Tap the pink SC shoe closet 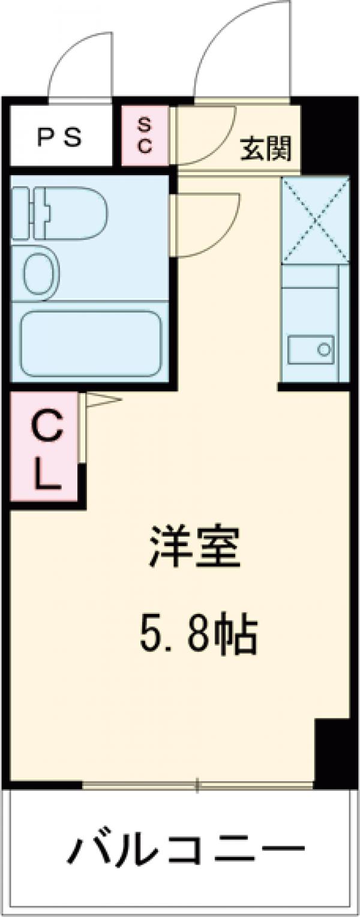[145, 136]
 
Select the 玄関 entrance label [266, 148]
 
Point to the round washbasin [40, 274]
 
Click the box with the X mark [315, 221]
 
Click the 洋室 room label [195, 549]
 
